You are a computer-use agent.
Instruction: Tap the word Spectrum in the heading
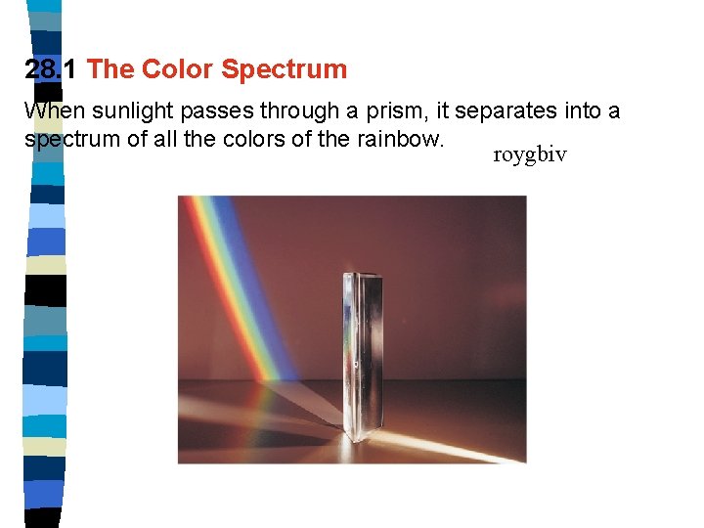[x=284, y=69]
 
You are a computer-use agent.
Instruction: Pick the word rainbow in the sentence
[x=403, y=139]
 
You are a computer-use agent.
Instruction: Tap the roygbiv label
[x=530, y=155]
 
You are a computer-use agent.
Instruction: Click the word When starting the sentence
[x=55, y=111]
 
